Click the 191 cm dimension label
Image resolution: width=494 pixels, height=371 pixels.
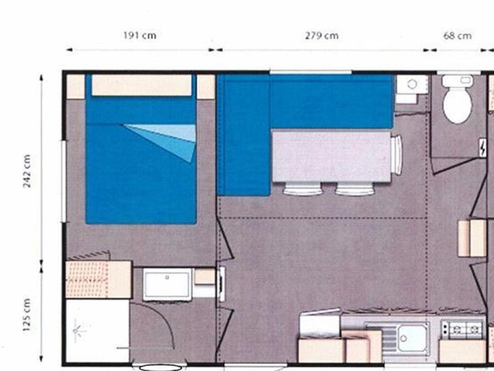139,35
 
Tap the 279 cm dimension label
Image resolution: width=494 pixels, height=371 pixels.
322,36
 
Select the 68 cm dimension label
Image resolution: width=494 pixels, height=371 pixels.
457,36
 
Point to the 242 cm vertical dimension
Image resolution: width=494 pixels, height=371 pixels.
27,171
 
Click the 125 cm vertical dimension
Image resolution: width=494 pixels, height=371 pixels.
27,315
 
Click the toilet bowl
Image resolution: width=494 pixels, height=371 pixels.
457,99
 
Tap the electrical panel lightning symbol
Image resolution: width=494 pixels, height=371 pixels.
482,148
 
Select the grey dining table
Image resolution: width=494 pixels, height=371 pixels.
332,156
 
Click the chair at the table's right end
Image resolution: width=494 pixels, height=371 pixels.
397,154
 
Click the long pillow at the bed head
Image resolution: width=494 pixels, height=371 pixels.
142,85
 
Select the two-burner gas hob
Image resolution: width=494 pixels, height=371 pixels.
463,330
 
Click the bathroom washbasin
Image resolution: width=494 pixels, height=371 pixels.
167,284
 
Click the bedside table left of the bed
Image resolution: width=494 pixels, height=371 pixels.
76,86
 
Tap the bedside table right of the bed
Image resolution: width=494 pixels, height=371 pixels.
206,86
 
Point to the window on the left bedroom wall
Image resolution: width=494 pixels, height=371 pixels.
64,181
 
